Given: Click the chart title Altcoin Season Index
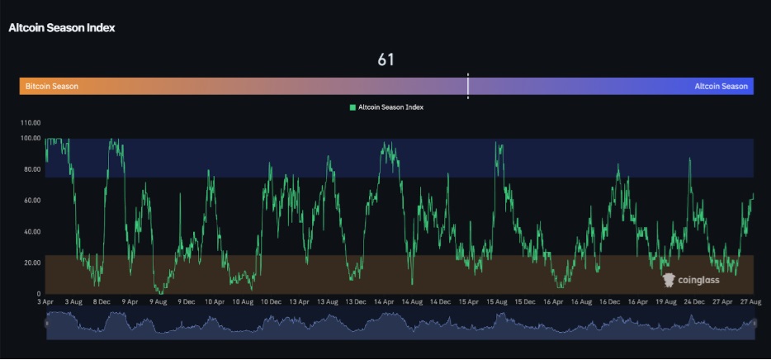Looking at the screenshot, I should pos(62,27).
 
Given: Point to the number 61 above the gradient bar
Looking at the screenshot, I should pos(385,59).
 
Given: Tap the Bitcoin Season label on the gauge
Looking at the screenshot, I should pos(52,86).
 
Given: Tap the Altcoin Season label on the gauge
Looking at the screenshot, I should pos(721,86).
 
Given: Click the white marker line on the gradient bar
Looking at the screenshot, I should pos(468,86).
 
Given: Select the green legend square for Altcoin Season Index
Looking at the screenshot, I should pos(352,107).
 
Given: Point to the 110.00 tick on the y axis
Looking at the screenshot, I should pos(31,122).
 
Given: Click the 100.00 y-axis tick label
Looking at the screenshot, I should pos(31,138).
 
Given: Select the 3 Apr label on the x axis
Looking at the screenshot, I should pos(46,302).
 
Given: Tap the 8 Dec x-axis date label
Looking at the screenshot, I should pos(102,302).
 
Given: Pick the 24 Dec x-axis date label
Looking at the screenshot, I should pos(695,302).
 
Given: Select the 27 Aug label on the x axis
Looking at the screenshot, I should pos(751,302).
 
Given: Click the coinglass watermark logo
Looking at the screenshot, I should pos(691,280).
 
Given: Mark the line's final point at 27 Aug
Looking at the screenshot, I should pos(753,195).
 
